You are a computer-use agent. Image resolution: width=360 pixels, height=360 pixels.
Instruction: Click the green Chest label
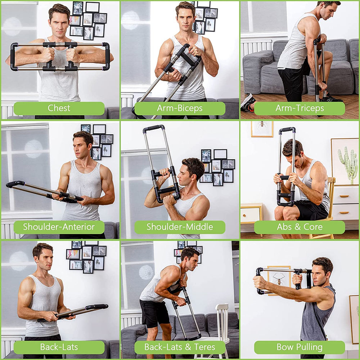tap(59, 108)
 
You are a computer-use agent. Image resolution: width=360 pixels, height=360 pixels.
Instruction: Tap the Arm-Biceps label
tap(180, 108)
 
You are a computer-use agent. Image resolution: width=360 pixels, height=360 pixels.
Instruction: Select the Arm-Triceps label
tap(300, 108)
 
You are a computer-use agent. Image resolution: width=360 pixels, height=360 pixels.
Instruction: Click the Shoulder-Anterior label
tap(59, 227)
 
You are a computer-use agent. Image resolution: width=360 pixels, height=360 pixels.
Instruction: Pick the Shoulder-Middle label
tap(180, 227)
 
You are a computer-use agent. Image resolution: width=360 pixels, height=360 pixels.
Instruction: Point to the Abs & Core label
tap(300, 227)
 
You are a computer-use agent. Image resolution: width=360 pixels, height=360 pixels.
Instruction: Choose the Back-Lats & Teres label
tap(180, 347)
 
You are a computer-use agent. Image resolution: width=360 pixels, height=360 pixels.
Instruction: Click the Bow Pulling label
tap(300, 347)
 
